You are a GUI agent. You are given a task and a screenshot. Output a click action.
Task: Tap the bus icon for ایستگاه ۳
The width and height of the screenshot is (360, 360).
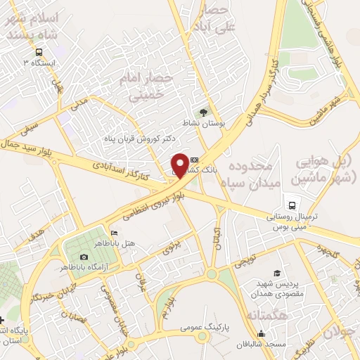pyautogui.click(x=39, y=51)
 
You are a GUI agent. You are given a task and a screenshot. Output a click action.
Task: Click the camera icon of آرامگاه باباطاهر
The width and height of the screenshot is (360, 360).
pyautogui.click(x=84, y=258)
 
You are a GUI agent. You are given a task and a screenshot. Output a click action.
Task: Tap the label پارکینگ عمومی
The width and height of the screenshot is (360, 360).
pyautogui.click(x=181, y=327)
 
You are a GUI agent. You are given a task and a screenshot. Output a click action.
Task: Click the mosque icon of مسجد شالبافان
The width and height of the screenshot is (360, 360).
pyautogui.click(x=262, y=333)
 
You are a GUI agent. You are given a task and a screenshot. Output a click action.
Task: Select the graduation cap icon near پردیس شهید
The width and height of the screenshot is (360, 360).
pyautogui.click(x=276, y=273)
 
